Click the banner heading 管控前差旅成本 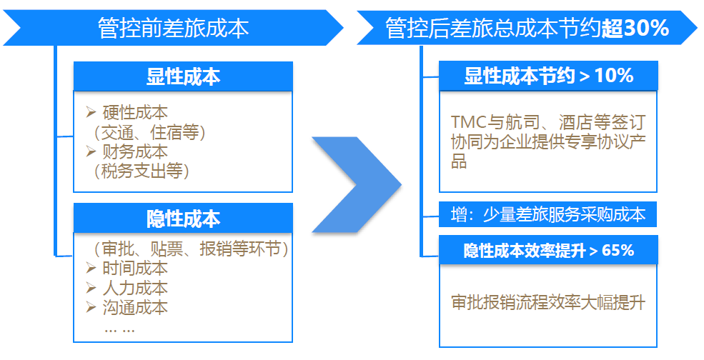coord(173,28)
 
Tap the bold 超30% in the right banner coord(635,28)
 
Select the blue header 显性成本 coord(183,76)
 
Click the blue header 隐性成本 coord(183,218)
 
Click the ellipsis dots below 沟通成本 coord(119,329)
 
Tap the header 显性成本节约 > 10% coord(548,76)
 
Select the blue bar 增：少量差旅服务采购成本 coord(548,214)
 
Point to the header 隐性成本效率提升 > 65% coord(548,251)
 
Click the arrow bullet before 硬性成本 coord(90,113)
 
